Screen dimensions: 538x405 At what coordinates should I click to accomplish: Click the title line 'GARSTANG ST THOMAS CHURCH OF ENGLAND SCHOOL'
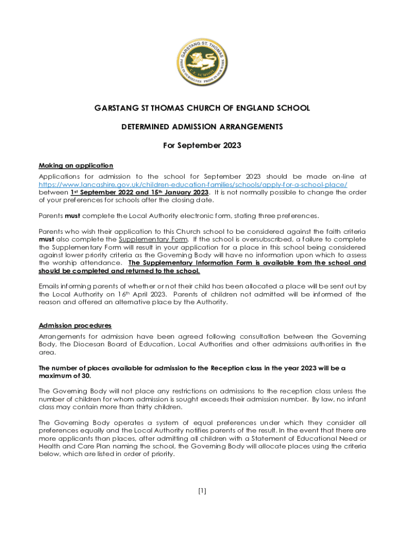pos(202,108)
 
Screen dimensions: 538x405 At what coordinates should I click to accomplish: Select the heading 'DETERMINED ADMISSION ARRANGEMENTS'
pos(202,127)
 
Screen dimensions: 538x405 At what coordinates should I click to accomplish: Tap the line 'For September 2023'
pos(202,145)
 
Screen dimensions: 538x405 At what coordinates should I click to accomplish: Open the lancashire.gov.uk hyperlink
pos(193,185)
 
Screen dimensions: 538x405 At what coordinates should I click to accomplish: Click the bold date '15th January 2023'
pos(179,192)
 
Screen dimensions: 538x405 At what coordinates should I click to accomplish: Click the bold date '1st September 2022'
pos(102,192)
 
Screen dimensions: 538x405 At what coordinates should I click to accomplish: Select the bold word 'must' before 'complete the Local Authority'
pos(73,215)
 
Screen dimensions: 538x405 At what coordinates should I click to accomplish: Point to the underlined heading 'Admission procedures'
pos(75,325)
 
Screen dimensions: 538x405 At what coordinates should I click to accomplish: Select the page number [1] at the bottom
pos(202,491)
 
